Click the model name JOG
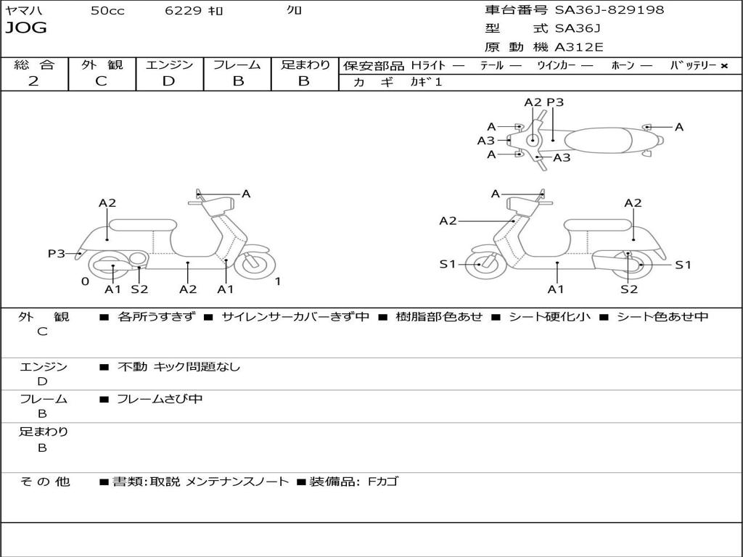[x=26, y=28]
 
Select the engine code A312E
[x=579, y=48]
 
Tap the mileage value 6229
[x=183, y=11]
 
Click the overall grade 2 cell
[x=33, y=81]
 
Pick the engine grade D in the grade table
[x=168, y=81]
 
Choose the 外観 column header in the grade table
[x=102, y=65]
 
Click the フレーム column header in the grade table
[x=237, y=65]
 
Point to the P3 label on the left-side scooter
[x=57, y=254]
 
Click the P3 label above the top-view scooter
[x=555, y=102]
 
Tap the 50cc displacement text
[x=107, y=11]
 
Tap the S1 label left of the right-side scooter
[x=448, y=265]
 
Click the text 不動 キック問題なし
[x=178, y=367]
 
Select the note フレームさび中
[x=160, y=399]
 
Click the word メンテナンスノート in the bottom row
[x=237, y=482]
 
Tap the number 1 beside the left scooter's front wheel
[x=278, y=281]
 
